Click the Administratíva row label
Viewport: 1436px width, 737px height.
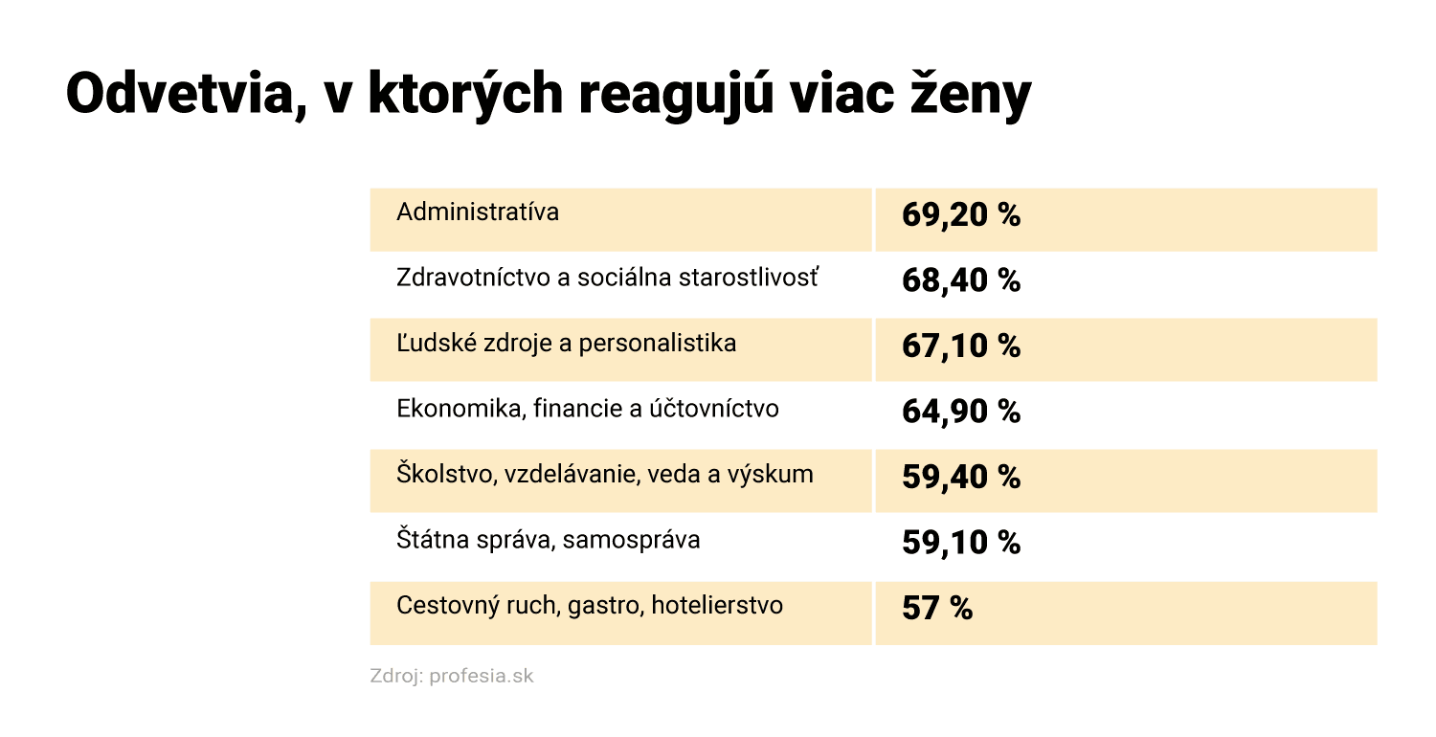tap(478, 212)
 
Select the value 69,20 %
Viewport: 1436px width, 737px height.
tap(960, 215)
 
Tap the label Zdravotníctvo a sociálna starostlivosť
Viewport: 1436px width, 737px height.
tap(608, 278)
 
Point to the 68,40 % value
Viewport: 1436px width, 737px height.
tap(960, 281)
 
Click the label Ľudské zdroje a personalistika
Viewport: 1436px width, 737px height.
tap(566, 343)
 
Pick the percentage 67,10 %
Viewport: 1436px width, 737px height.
tap(960, 346)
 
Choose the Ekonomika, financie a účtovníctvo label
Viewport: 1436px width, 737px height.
tap(588, 409)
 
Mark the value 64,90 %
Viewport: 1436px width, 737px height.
tap(960, 413)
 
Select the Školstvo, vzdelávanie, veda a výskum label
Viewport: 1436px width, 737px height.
tap(605, 474)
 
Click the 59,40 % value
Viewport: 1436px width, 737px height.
tap(960, 478)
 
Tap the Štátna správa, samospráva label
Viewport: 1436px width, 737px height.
tap(548, 540)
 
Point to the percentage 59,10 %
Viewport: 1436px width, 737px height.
tap(960, 544)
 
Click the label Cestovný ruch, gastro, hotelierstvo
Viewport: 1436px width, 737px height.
tap(590, 605)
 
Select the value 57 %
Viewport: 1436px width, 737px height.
tap(936, 609)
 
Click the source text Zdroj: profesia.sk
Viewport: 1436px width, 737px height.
tap(452, 676)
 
